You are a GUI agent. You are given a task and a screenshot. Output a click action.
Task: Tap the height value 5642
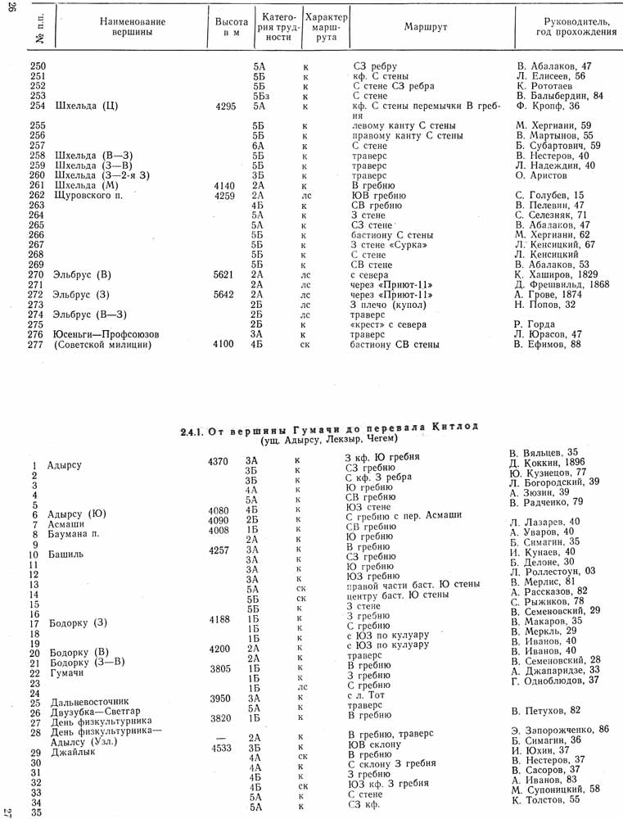click(223, 294)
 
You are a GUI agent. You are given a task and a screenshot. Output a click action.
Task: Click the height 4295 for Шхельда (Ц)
click(223, 106)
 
